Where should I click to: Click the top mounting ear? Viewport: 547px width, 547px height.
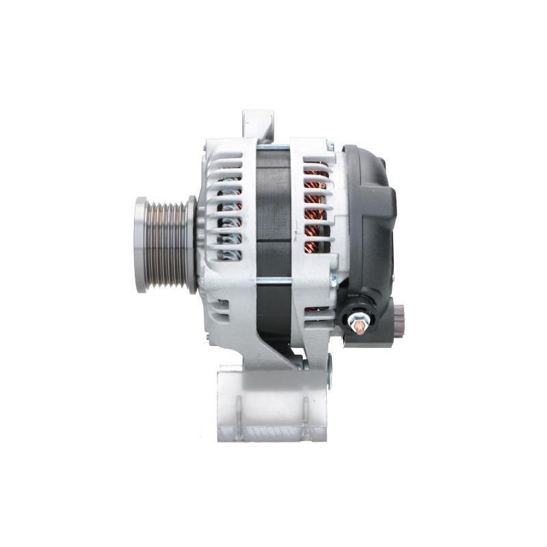pos(258,124)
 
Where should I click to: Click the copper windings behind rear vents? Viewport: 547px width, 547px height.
pos(315,205)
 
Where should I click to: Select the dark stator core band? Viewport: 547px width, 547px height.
pos(273,205)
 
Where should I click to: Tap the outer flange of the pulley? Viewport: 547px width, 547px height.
pos(141,245)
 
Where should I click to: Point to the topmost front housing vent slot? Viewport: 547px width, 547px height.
pos(228,164)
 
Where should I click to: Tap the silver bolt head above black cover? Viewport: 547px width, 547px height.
pos(330,146)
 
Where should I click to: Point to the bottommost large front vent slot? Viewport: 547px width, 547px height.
pos(229,256)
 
